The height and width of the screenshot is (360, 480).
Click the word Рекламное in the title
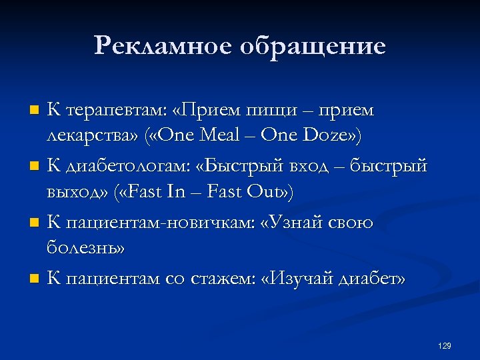[157, 46]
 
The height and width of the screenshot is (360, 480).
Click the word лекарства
[92, 135]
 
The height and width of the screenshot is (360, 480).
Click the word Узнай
[290, 221]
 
